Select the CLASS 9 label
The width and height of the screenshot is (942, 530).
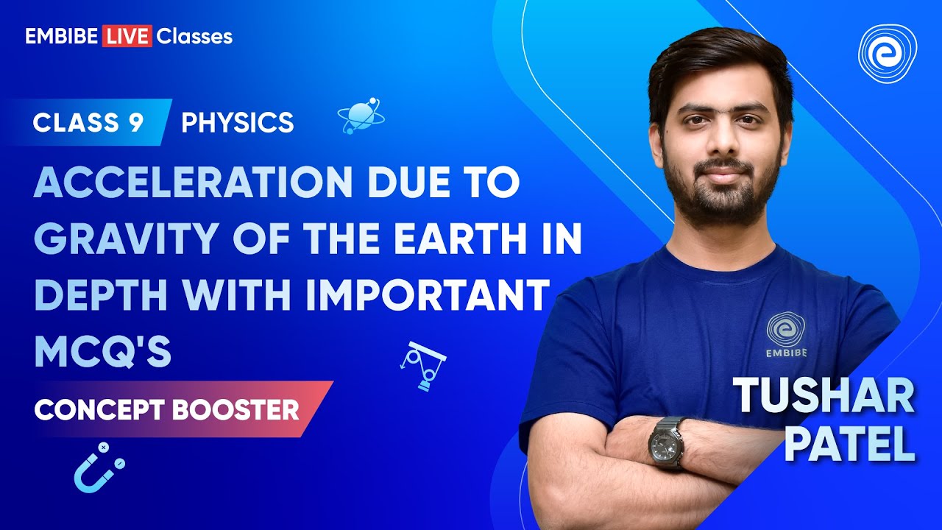pyautogui.click(x=88, y=123)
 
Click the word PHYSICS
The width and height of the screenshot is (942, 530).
pyautogui.click(x=237, y=123)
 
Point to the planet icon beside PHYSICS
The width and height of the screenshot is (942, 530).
pyautogui.click(x=360, y=115)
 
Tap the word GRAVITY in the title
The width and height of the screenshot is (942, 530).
pyautogui.click(x=122, y=240)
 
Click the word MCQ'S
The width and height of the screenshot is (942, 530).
pyautogui.click(x=102, y=352)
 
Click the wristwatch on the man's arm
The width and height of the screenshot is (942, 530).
pyautogui.click(x=667, y=442)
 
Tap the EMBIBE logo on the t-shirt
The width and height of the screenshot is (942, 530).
pyautogui.click(x=786, y=335)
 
